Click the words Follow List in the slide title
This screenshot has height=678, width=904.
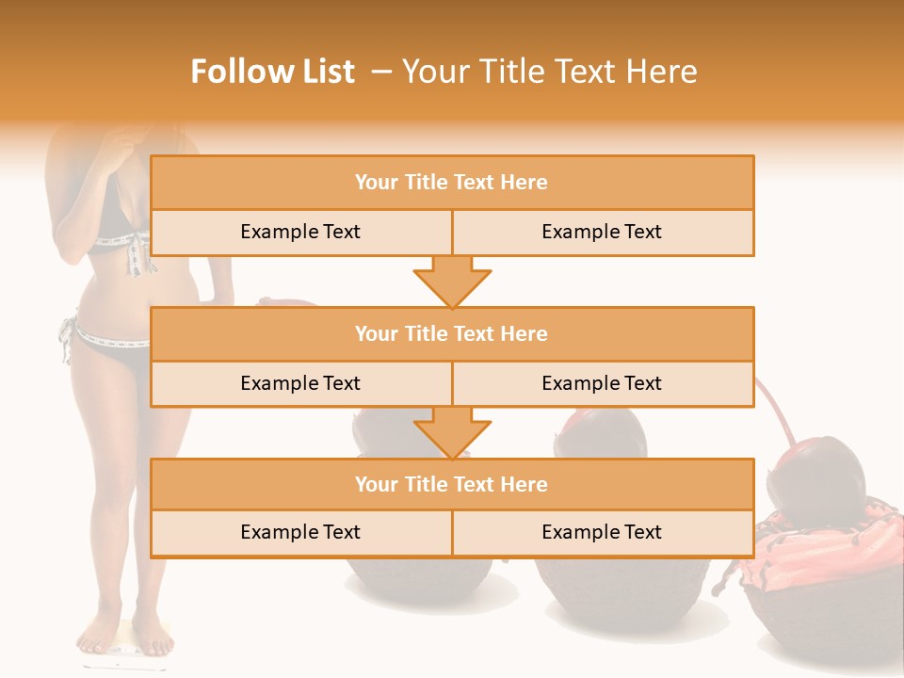point(273,72)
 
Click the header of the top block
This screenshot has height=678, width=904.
point(452,183)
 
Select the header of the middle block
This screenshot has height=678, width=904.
point(452,333)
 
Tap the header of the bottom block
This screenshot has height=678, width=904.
point(452,484)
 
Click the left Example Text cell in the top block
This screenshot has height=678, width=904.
point(300,232)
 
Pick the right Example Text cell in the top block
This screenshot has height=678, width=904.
point(603,232)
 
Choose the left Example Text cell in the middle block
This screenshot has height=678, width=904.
point(300,383)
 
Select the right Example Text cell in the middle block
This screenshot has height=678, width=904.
point(603,383)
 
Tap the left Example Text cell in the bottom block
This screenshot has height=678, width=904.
point(300,532)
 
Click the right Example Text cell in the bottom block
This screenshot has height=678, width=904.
point(603,532)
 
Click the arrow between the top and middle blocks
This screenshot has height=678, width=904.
point(452,282)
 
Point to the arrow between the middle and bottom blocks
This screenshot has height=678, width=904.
point(452,432)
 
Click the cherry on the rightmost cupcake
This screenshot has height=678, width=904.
point(815,481)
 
